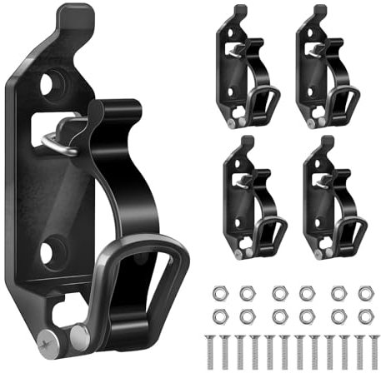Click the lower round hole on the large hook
tap(53, 249)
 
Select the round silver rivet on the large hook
tap(80, 336)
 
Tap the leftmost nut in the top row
tap(218, 292)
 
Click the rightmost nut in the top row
tap(364, 292)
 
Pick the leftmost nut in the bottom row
tap(218, 315)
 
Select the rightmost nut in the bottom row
tap(364, 315)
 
